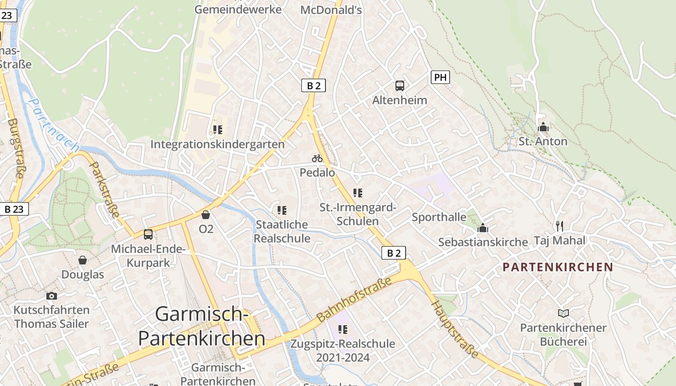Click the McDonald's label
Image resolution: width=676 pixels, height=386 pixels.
pyautogui.click(x=331, y=10)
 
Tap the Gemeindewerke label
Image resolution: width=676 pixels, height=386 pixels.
pyautogui.click(x=238, y=10)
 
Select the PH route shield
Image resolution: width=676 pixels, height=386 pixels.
pyautogui.click(x=440, y=77)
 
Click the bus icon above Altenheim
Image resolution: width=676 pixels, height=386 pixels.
pyautogui.click(x=400, y=86)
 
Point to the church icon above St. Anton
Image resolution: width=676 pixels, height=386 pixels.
pyautogui.click(x=543, y=127)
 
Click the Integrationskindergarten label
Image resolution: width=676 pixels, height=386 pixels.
pyautogui.click(x=218, y=144)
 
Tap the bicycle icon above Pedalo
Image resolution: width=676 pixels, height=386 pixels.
pyautogui.click(x=317, y=158)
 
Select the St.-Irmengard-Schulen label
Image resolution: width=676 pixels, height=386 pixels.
pyautogui.click(x=358, y=214)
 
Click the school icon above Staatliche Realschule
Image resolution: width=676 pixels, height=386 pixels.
pyautogui.click(x=282, y=210)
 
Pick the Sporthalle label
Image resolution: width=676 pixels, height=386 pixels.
pyautogui.click(x=439, y=217)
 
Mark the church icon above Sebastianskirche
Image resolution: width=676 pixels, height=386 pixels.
pyautogui.click(x=483, y=228)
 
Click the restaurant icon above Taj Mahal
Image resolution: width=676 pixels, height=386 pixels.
pyautogui.click(x=560, y=225)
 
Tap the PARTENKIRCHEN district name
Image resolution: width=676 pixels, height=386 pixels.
pyautogui.click(x=558, y=267)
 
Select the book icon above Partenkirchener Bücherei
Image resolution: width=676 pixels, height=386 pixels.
pyautogui.click(x=563, y=313)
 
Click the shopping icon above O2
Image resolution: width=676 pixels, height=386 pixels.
pyautogui.click(x=206, y=214)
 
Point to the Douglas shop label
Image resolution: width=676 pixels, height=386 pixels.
pyautogui.click(x=83, y=275)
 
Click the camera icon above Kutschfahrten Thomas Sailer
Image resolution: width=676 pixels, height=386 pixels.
pyautogui.click(x=52, y=296)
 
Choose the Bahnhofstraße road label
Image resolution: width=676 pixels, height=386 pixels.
pyautogui.click(x=354, y=303)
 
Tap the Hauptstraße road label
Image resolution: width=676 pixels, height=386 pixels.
pyautogui.click(x=455, y=330)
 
